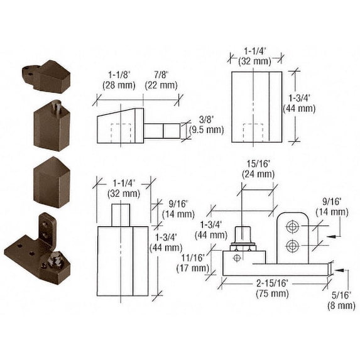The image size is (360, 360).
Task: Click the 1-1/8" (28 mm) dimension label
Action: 119,80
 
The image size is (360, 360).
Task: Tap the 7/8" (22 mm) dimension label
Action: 161,80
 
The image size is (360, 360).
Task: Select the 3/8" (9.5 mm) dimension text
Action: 207,125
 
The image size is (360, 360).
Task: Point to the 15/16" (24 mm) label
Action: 258,169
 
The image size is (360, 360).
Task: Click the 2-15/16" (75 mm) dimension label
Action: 272,288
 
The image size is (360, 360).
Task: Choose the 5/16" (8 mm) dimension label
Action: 341,300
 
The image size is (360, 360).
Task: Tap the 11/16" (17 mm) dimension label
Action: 193,263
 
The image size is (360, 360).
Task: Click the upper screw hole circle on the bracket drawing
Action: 293,227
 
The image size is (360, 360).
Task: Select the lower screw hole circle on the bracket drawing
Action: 293,246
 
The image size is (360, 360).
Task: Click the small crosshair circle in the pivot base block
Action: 237,258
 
